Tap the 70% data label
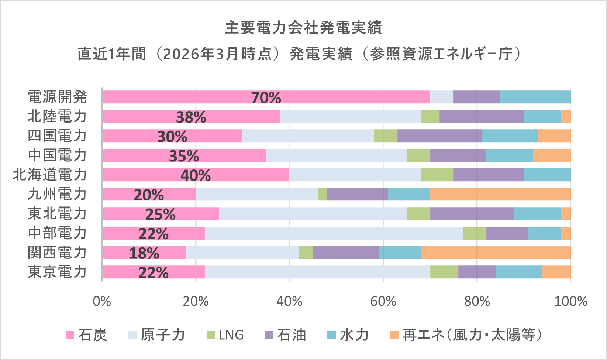coord(266,98)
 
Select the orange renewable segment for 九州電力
coord(500,194)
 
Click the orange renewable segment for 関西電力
coord(496,253)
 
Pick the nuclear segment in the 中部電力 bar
coord(334,233)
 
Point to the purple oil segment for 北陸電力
coord(482,116)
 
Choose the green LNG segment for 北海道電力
coord(437,175)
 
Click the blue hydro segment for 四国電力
coord(510,136)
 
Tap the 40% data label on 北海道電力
coord(196,175)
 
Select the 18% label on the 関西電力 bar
coord(144,253)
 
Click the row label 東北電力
coord(57,214)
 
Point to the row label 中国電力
coord(57,155)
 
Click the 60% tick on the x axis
coord(383,301)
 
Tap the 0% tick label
coord(102,301)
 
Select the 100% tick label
coord(570,301)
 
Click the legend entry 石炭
coord(86,335)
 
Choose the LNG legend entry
coord(225,335)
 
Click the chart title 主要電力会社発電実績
coord(303,28)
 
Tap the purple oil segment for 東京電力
coord(477,272)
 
